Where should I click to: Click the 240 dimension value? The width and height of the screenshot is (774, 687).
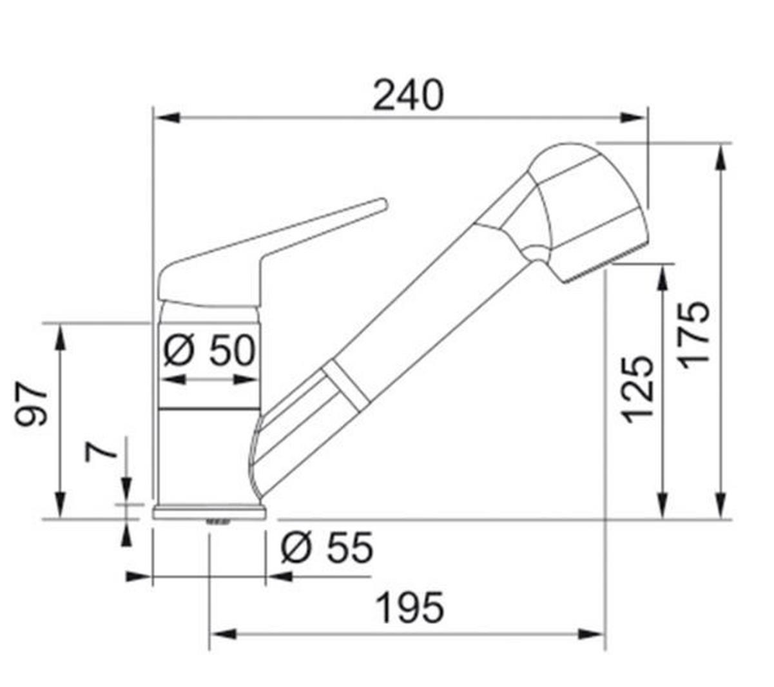coord(409,95)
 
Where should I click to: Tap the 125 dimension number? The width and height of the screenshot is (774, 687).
coord(639,388)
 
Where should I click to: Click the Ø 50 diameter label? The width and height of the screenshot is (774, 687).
coord(209,351)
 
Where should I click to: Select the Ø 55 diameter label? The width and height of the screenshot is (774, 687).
coord(327,548)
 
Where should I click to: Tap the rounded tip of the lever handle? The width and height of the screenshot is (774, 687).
coord(380,204)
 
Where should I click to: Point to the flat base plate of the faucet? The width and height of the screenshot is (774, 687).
coord(209,513)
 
